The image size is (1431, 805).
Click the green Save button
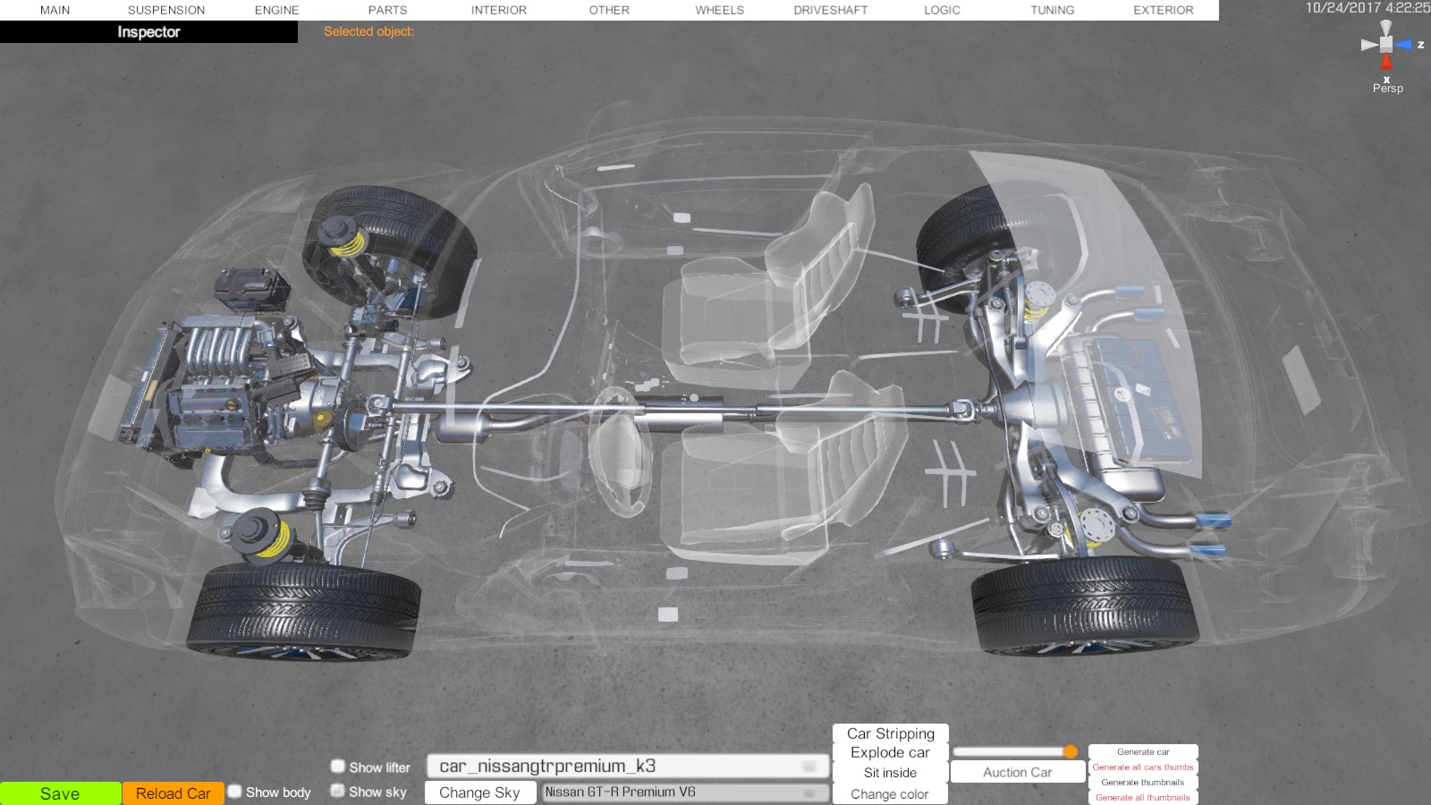[x=60, y=793]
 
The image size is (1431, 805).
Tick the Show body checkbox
[x=235, y=792]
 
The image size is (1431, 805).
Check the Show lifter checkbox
[x=338, y=766]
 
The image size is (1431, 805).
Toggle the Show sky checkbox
[x=338, y=791]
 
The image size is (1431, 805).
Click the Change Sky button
[x=479, y=792]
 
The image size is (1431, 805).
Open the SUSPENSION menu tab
[x=166, y=10]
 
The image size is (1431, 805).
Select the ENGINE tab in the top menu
[x=276, y=10]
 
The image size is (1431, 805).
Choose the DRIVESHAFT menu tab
[x=831, y=10]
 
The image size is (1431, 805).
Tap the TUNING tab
[x=1052, y=10]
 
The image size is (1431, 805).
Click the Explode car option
[x=890, y=752]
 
